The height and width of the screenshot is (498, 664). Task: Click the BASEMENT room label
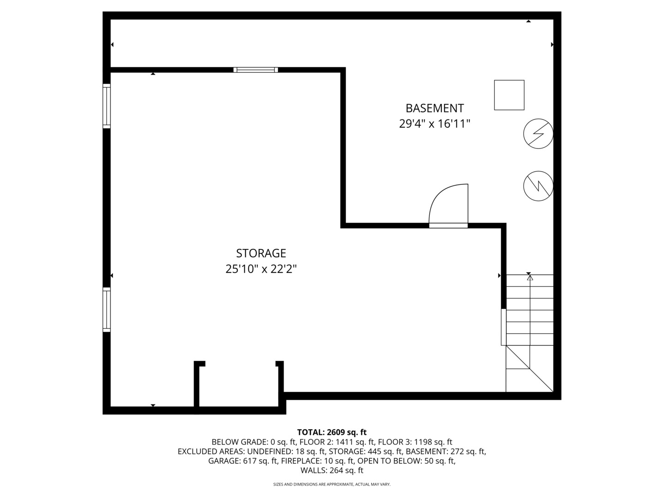[434, 108]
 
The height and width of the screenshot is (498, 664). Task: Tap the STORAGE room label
[261, 253]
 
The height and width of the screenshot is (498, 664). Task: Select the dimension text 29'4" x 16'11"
[434, 124]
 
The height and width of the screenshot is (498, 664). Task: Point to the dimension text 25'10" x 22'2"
[261, 269]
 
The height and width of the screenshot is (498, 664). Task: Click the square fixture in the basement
[509, 95]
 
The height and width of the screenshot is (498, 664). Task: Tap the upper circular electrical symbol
[538, 134]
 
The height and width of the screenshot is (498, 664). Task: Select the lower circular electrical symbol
[538, 186]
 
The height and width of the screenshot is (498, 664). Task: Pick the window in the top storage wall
[255, 70]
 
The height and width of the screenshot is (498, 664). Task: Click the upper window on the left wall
[107, 106]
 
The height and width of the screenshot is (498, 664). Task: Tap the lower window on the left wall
[107, 309]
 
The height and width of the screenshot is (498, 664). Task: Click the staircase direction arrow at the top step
[530, 278]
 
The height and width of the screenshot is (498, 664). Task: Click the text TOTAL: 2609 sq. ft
[332, 432]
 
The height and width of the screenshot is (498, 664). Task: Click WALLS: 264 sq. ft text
[332, 470]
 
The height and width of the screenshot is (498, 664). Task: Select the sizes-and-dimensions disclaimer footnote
[332, 484]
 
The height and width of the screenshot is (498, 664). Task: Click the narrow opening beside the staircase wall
[504, 327]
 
